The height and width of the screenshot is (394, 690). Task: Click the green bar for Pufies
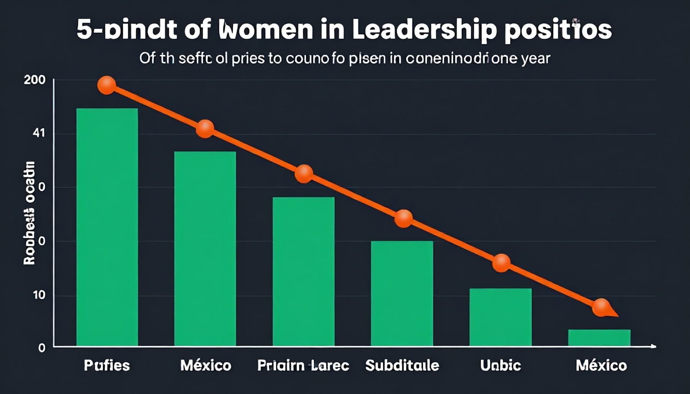[x=107, y=227]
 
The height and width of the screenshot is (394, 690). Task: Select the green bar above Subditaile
[x=402, y=293]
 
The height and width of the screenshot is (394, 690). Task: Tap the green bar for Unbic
[x=501, y=317]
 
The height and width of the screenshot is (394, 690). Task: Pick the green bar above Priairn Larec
[x=303, y=271]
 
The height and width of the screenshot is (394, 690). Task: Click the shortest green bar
[x=599, y=337]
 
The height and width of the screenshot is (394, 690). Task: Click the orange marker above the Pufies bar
[x=107, y=85]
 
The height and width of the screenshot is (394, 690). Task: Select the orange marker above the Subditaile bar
[x=404, y=219]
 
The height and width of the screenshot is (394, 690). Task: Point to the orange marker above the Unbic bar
[x=501, y=263]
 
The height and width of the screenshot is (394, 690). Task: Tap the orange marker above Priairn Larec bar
[x=304, y=174]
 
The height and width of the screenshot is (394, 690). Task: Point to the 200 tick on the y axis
[x=35, y=80]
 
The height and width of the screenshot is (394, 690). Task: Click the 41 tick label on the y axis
[x=39, y=134]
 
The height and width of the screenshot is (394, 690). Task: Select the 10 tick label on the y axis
[x=39, y=295]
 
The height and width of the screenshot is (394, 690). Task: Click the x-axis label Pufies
[x=107, y=365]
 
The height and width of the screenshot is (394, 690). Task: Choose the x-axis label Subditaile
[x=402, y=365]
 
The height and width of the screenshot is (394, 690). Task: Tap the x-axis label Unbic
[x=501, y=365]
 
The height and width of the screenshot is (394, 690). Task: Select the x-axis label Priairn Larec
[x=303, y=365]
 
